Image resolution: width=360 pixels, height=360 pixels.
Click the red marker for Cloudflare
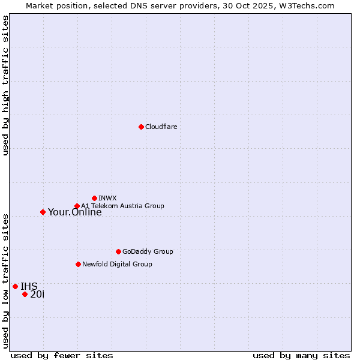click(141, 127)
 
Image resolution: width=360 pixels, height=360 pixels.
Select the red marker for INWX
click(94, 198)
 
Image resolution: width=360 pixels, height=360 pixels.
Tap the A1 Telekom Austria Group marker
click(77, 206)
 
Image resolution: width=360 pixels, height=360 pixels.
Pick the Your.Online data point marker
click(43, 212)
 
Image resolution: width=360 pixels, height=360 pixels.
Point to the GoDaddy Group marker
click(118, 251)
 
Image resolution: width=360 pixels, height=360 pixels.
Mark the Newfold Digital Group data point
click(78, 264)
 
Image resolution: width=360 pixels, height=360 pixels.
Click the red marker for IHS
click(15, 286)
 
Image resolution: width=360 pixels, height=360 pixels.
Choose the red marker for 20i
click(25, 294)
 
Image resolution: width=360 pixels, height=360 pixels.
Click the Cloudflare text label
click(161, 127)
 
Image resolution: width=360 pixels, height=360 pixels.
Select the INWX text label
click(107, 198)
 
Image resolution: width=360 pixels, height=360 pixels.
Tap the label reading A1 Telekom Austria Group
click(122, 206)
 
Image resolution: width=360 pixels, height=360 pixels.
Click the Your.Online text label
click(74, 212)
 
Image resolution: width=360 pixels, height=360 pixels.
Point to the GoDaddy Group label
click(148, 251)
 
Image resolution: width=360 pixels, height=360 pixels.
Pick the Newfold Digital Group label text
click(117, 264)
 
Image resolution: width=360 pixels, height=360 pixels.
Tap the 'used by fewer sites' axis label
click(62, 355)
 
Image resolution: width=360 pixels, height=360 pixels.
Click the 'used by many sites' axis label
click(301, 355)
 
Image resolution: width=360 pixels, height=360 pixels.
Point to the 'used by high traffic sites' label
click(5, 85)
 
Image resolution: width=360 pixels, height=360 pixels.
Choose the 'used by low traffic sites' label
click(5, 281)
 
